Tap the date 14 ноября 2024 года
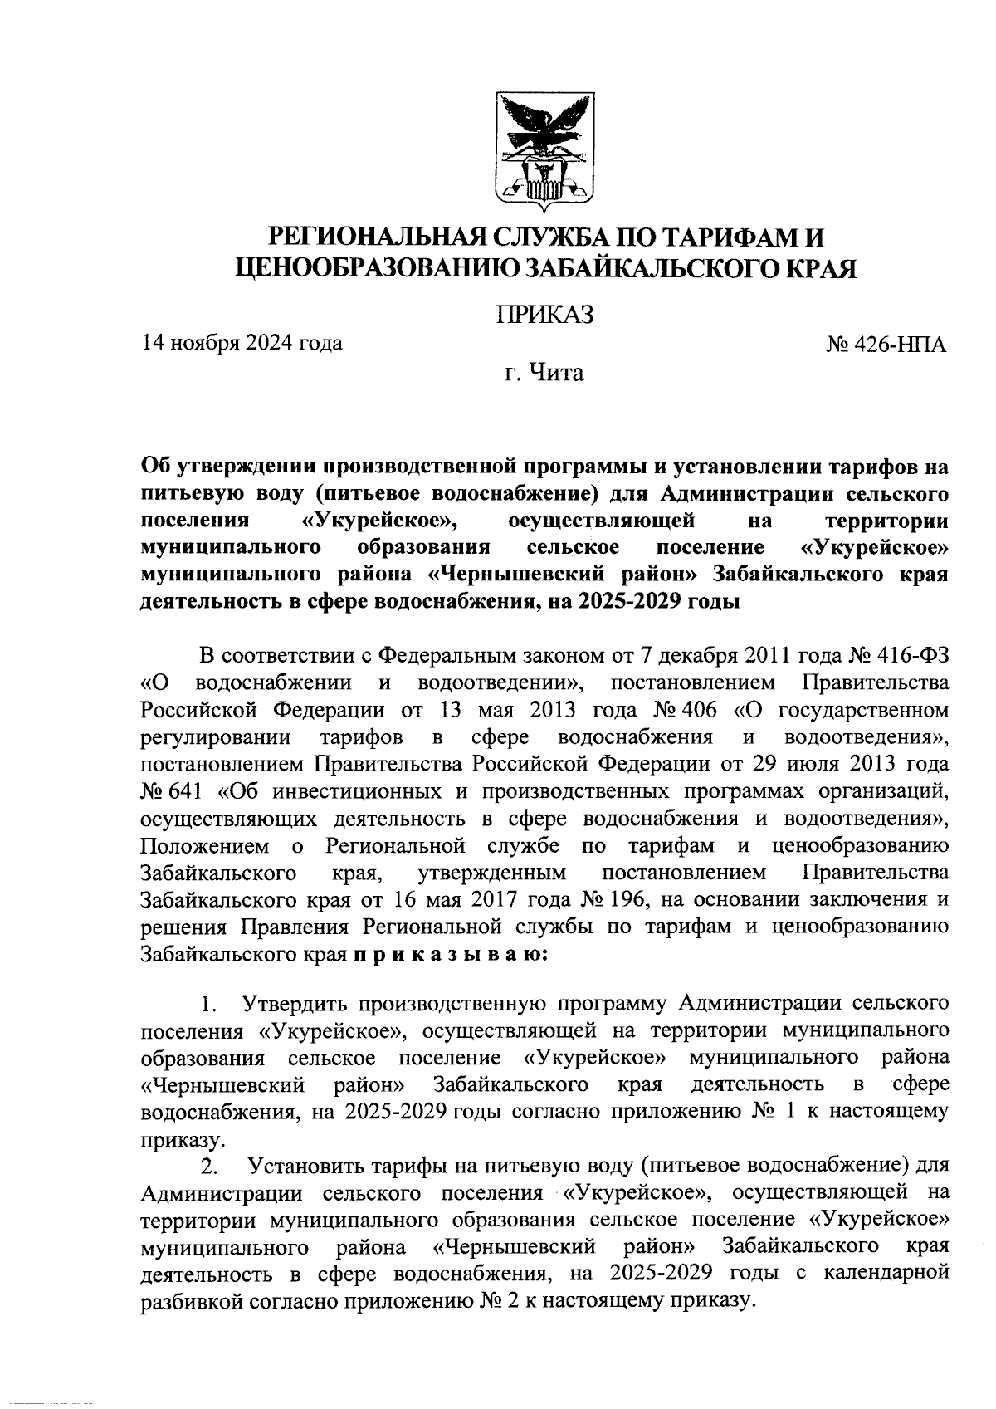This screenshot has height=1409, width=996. pos(242,342)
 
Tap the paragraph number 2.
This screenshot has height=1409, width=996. pos(209,1168)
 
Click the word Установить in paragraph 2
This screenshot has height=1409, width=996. pos(308,1168)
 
